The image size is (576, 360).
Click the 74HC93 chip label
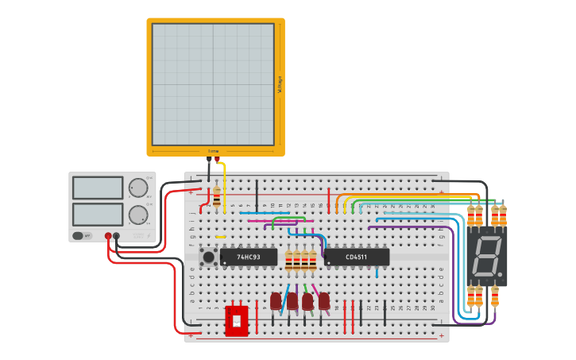point(249,257)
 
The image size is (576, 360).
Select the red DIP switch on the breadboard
point(237,320)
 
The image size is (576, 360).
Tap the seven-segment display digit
point(487,256)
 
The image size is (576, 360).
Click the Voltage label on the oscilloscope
point(280,85)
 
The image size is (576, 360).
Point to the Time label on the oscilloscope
point(214,151)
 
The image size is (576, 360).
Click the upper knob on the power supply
point(137,188)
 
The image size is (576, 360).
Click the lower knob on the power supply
point(137,215)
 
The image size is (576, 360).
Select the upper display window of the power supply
point(98,188)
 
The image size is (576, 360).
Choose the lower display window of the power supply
point(98,214)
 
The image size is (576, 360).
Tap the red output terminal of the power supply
point(108,236)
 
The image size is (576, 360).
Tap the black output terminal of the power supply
point(117,236)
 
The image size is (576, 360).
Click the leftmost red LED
point(276,301)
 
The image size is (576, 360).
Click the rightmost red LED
point(324,301)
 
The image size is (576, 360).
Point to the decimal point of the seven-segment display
point(502,276)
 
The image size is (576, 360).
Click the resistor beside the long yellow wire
point(217,197)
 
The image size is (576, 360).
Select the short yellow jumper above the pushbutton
point(220,237)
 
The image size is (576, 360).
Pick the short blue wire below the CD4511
point(377,272)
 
